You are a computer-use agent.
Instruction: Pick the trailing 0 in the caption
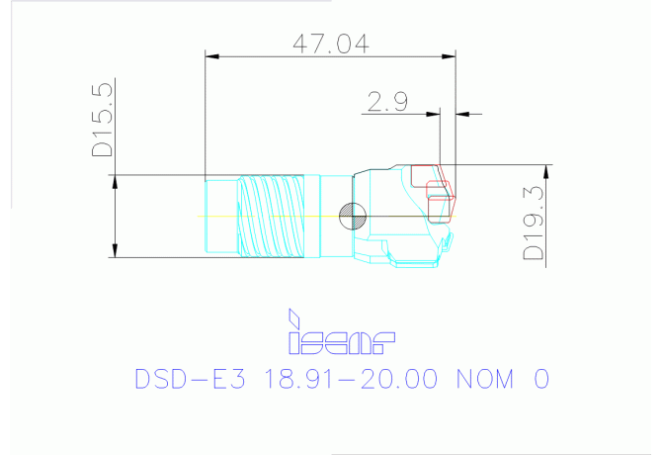point(539,380)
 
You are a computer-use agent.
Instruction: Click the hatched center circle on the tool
point(350,215)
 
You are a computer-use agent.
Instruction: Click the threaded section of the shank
point(272,216)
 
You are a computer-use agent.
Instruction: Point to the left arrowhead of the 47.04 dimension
point(209,54)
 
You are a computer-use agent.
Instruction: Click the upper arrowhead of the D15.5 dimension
point(117,181)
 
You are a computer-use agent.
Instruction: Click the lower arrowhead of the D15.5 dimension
point(117,251)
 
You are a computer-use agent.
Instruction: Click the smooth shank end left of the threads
point(219,216)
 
